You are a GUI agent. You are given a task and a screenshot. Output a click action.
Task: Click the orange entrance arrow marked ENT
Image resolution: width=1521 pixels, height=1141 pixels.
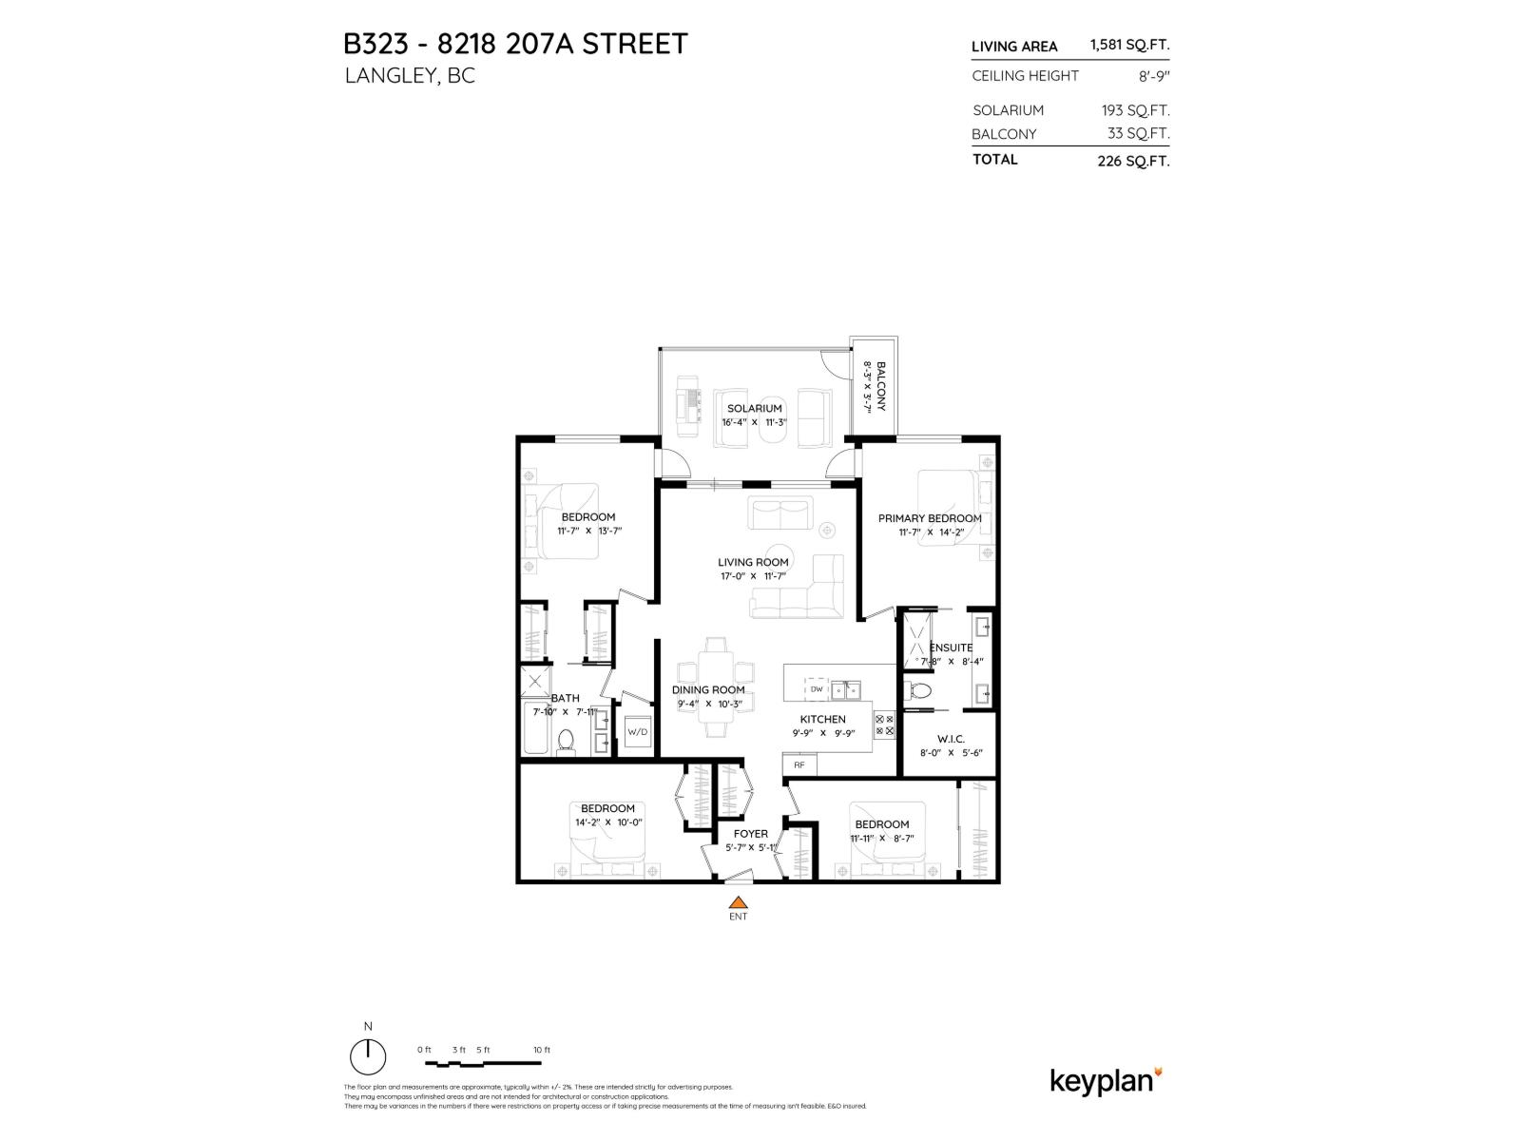[738, 902]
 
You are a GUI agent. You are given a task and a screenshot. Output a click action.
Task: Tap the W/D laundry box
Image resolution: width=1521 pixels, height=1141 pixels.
[636, 732]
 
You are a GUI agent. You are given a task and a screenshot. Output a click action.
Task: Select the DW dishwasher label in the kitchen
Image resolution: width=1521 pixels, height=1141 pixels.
[816, 688]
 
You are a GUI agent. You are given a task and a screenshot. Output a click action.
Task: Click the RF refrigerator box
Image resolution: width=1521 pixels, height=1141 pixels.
[799, 764]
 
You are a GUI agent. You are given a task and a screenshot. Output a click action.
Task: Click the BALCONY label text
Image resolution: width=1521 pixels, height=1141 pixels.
[881, 385]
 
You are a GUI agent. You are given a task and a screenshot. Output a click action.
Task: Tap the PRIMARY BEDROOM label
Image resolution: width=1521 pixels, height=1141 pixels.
[929, 518]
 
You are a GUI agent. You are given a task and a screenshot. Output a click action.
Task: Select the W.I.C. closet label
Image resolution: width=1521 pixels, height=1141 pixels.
[950, 738]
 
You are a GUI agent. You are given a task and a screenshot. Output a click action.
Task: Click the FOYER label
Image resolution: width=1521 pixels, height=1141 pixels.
[750, 834]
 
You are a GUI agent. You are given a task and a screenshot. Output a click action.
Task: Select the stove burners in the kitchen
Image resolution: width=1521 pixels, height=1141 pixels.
[884, 725]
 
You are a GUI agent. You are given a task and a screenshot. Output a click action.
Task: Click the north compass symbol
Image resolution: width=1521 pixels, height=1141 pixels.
[368, 1055]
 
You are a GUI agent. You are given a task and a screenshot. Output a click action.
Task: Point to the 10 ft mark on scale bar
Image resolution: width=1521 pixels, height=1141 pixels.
[541, 1050]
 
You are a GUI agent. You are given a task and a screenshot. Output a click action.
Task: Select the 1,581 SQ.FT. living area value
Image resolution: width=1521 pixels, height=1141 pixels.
[1129, 45]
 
